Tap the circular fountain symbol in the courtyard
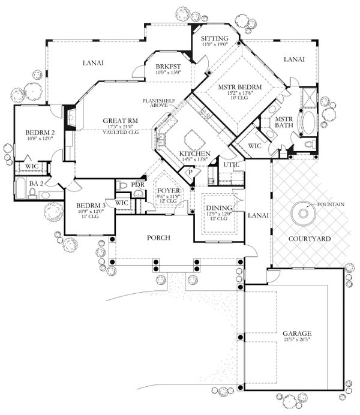click(x=303, y=213)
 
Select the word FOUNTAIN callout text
click(x=332, y=204)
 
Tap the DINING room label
click(x=217, y=207)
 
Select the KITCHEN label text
click(x=193, y=154)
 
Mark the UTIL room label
click(x=229, y=164)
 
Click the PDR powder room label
click(x=137, y=184)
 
